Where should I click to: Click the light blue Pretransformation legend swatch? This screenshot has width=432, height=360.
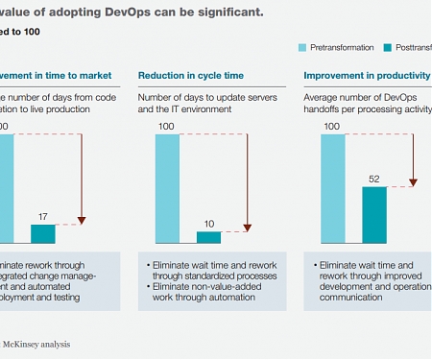tap(302, 46)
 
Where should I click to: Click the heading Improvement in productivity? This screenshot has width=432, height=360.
tap(366, 75)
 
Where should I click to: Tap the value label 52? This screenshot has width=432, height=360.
tap(373, 178)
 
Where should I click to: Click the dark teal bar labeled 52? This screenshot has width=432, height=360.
tap(373, 214)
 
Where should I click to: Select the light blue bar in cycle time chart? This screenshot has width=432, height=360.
tap(167, 188)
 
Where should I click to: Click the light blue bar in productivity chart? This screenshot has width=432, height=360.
tap(333, 188)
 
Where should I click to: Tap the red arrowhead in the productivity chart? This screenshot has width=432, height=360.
tap(412, 180)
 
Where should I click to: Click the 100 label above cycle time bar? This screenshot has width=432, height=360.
tap(166, 126)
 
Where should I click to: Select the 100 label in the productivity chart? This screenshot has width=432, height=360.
tap(332, 126)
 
